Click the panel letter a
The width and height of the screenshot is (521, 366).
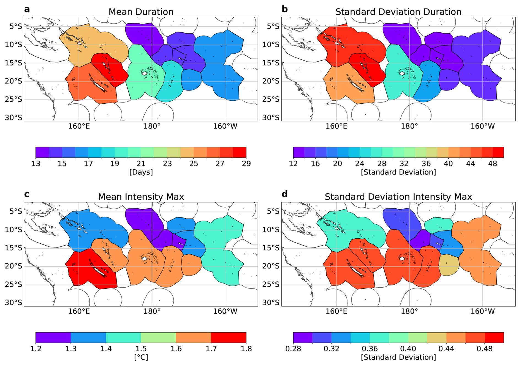(x=27, y=9)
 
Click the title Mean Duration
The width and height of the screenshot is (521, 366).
(x=141, y=12)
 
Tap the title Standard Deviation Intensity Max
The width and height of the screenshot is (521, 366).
(x=398, y=197)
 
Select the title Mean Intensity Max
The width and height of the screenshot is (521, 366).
(x=141, y=197)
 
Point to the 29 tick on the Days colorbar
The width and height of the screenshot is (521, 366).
(x=246, y=164)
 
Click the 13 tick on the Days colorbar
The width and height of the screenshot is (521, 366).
(x=36, y=164)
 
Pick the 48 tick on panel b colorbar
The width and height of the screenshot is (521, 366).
(x=493, y=164)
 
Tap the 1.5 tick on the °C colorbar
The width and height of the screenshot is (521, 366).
(x=141, y=349)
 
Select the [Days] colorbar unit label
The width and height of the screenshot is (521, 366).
(x=141, y=172)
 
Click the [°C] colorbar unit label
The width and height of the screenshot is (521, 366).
(x=141, y=357)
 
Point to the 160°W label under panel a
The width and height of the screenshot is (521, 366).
(x=225, y=126)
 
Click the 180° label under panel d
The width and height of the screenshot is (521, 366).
(x=409, y=311)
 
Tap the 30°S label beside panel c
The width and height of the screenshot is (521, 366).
(x=13, y=302)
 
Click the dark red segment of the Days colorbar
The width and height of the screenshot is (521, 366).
(x=240, y=152)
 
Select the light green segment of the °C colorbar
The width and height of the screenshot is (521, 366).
(x=158, y=337)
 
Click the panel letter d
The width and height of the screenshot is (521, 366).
(x=284, y=194)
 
